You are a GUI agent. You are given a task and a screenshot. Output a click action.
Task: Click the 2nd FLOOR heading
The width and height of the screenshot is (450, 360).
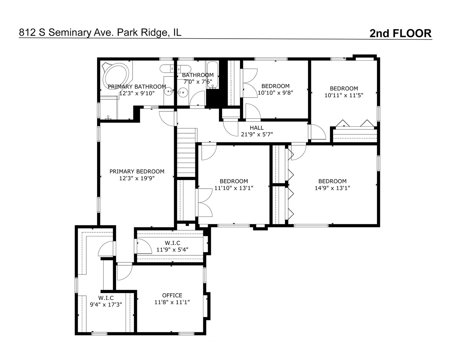coord(400,33)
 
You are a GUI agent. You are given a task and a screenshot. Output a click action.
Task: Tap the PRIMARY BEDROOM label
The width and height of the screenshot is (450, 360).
coord(137,171)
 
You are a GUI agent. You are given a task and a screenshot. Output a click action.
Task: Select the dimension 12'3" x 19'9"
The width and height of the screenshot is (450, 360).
coord(137,178)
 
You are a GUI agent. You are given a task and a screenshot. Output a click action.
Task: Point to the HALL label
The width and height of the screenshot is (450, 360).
coord(257,128)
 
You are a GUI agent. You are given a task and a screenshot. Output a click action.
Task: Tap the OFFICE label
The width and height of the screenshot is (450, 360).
coord(172,295)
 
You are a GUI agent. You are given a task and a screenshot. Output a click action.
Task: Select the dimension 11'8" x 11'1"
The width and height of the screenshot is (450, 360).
coord(172,302)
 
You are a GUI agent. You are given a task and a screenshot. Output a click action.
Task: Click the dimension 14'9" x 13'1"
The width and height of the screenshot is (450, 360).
coord(332,188)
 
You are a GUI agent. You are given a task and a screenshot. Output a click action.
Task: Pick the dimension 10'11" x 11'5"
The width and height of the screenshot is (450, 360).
coord(344,95)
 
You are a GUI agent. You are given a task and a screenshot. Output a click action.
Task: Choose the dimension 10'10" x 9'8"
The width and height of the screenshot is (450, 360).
coord(275,93)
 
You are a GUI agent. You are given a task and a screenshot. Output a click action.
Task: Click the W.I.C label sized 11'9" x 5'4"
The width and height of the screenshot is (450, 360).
coord(172,243)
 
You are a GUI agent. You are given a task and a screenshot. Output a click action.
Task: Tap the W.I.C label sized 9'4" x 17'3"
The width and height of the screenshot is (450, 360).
coord(106,298)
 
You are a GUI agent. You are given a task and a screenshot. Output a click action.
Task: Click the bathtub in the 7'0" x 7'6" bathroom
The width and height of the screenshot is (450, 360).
coord(212,75)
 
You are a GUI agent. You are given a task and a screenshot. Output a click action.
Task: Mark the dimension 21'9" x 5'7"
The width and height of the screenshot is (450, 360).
coord(257,135)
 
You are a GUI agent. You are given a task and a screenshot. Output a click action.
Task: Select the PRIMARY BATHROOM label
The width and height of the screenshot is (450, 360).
coord(137,87)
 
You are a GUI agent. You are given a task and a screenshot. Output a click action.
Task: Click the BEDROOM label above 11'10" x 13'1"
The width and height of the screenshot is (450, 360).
coord(234,181)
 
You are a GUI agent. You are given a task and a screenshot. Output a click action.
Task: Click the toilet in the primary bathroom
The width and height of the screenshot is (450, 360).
coord(108,117)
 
